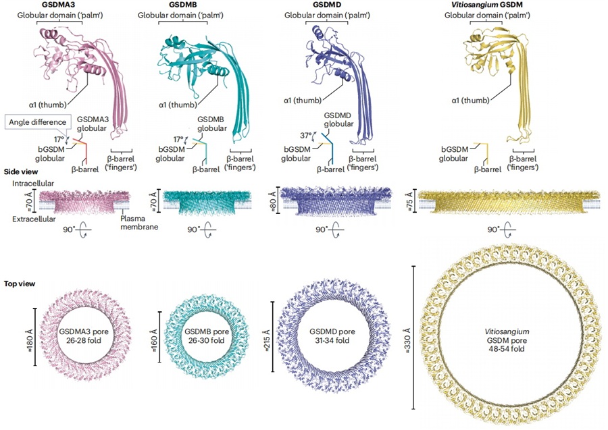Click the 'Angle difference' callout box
coord(38,122)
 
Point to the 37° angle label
coord(306,136)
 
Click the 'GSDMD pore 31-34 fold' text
coord(332,336)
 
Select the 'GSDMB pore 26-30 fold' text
coord(207,336)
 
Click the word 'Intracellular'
coord(33,184)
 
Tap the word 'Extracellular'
coord(34,219)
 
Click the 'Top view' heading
coord(20,284)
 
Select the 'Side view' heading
coord(21,171)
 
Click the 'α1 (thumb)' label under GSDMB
coord(178,105)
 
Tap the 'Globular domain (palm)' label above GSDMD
coord(327,16)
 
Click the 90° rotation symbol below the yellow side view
coord(503,230)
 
